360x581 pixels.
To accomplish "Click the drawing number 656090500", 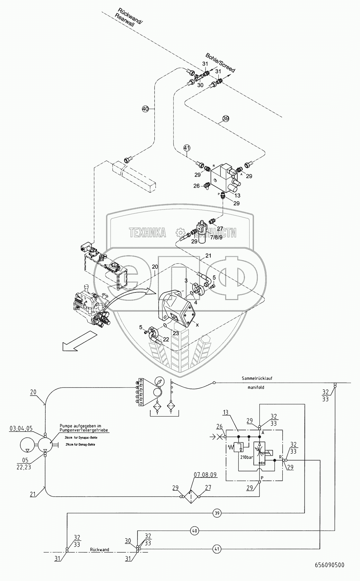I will [330, 574].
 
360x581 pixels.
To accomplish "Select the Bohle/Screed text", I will [220, 63].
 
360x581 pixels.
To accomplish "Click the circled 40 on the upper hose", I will [145, 109].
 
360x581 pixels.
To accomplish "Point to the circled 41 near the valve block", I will [187, 148].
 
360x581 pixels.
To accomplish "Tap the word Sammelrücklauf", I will [257, 379].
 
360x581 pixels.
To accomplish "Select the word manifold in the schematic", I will [256, 388].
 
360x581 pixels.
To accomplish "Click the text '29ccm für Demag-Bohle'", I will [77, 444].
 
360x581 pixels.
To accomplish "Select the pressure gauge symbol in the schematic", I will [158, 382].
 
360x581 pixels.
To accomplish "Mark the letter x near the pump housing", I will [197, 325].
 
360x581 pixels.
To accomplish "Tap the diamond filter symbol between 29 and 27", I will [190, 497].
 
